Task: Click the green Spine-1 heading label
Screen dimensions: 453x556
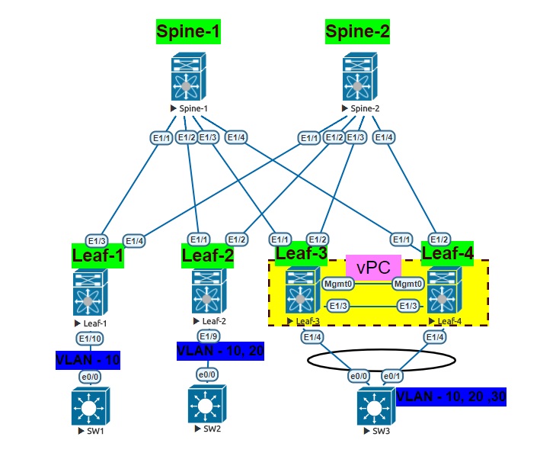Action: [188, 31]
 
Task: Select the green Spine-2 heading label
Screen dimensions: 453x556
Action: [357, 31]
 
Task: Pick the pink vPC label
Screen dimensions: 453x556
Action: [374, 267]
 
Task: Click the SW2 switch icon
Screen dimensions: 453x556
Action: [207, 405]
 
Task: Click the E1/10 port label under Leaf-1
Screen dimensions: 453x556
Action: [90, 338]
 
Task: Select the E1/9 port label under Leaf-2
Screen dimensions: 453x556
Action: [209, 336]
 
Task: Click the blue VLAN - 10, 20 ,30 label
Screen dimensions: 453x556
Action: [451, 397]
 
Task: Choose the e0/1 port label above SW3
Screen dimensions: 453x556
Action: [391, 376]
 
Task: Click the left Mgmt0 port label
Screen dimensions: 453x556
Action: [336, 284]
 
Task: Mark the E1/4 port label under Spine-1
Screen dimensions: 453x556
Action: [236, 137]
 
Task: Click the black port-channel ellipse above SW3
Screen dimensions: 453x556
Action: [382, 358]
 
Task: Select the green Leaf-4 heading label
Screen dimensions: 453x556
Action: [447, 252]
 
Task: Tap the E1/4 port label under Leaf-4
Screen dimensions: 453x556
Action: [435, 336]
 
